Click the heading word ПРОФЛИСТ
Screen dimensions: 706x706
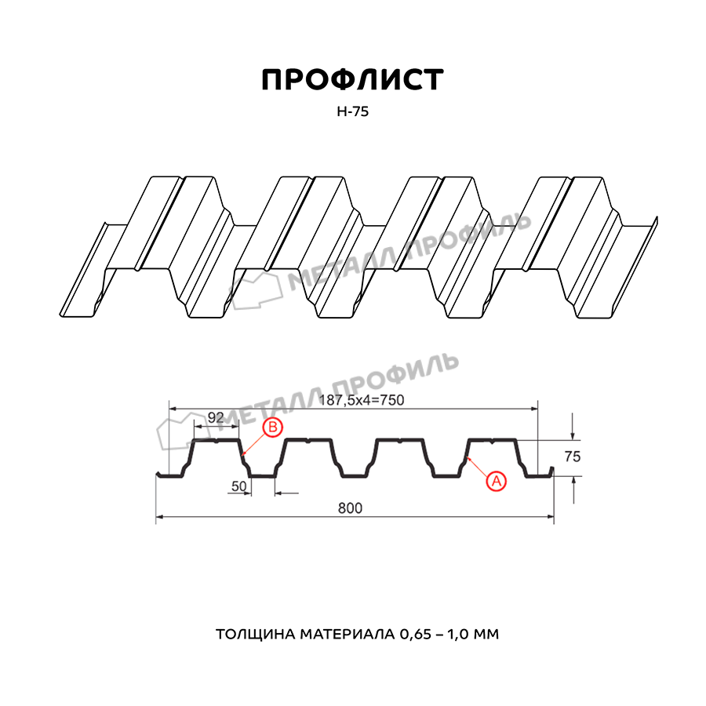pyautogui.click(x=352, y=80)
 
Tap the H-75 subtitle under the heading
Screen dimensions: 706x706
pyautogui.click(x=352, y=111)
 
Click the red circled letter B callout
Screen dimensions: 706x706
pyautogui.click(x=272, y=427)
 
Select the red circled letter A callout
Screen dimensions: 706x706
pyautogui.click(x=497, y=482)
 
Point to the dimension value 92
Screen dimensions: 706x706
pyautogui.click(x=216, y=417)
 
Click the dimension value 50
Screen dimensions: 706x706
pyautogui.click(x=239, y=486)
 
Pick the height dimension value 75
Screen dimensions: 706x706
pyautogui.click(x=573, y=457)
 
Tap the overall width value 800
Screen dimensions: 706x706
pyautogui.click(x=350, y=508)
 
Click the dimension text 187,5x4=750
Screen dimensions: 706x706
pyautogui.click(x=361, y=400)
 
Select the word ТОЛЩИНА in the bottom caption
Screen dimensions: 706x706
pyautogui.click(x=256, y=635)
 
